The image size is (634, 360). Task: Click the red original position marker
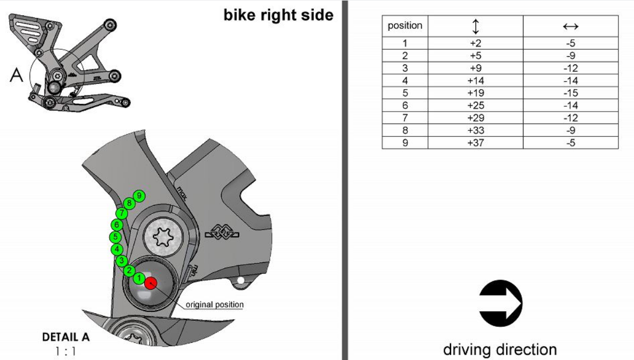pos(151,283)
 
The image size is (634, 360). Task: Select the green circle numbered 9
pos(139,196)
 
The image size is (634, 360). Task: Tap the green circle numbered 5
pos(116,237)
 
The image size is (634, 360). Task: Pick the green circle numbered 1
pos(139,278)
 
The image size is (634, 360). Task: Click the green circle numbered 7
pos(122,213)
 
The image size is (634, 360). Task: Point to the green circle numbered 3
pos(122,261)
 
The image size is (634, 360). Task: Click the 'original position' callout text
pos(215,305)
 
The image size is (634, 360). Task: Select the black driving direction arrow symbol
pos(500,303)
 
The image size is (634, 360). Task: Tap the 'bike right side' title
pos(278,15)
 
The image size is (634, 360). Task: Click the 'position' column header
pos(405,25)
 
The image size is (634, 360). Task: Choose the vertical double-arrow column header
pos(475,26)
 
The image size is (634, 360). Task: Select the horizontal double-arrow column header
pos(571,27)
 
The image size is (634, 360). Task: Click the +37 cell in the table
pos(475,143)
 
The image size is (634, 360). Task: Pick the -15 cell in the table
pos(571,93)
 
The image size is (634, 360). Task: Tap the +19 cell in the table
pos(475,93)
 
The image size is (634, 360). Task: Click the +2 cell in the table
pos(475,43)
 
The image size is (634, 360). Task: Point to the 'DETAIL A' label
pos(66,337)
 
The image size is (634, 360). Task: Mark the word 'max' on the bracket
pos(182,193)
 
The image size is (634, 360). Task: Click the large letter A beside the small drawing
pos(16,75)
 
